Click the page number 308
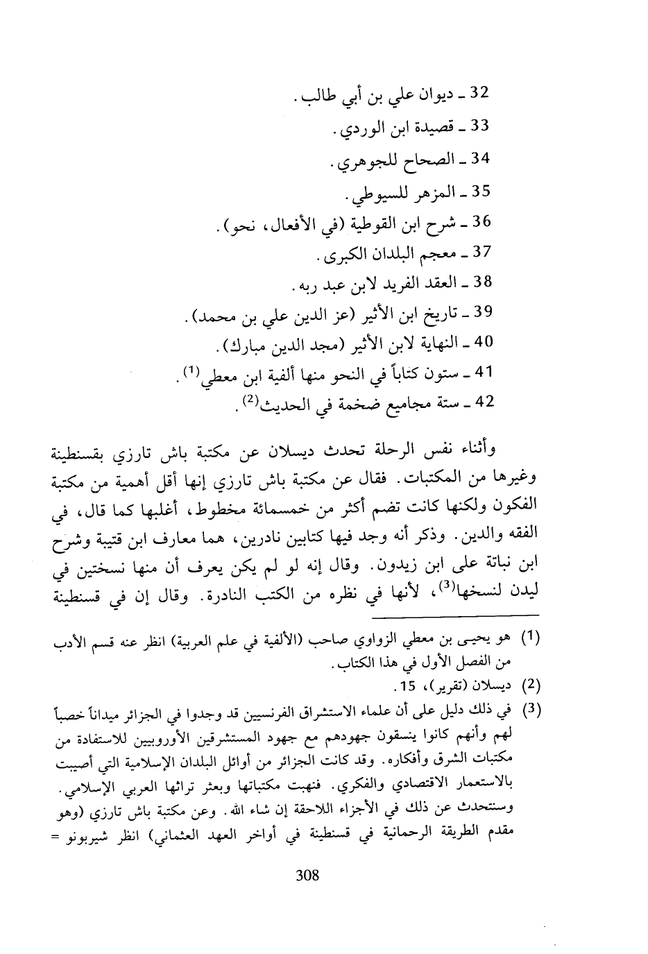307,875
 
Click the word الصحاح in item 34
425,160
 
